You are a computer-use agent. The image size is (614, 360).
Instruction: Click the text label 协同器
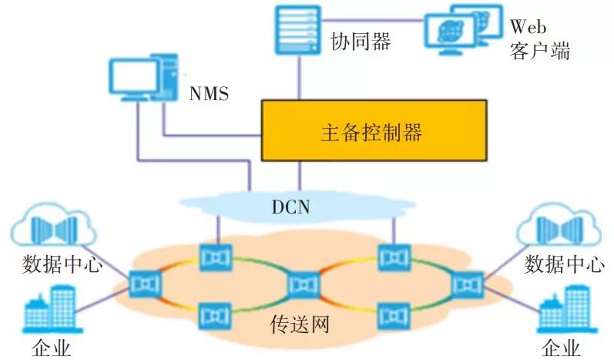pyautogui.click(x=361, y=40)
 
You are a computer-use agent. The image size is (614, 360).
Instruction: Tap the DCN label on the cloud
pyautogui.click(x=294, y=207)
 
